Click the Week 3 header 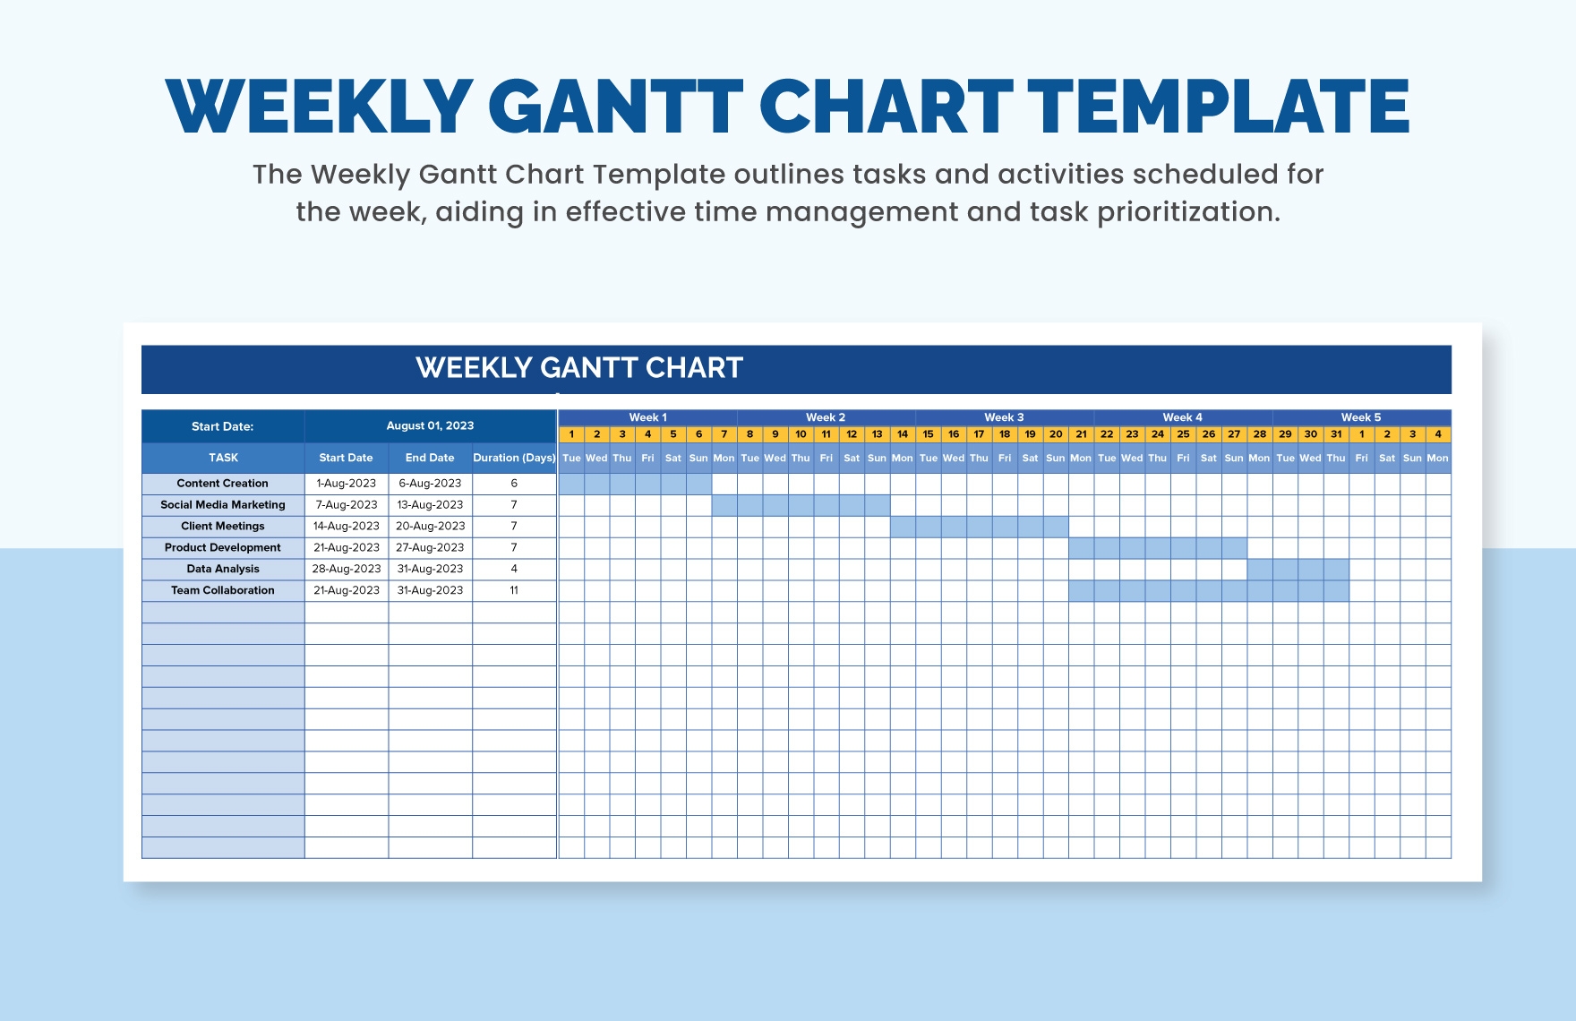point(1003,417)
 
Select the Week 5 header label point(1360,417)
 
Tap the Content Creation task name point(222,484)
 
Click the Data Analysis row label point(223,570)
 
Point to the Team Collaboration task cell point(223,591)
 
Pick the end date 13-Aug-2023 point(430,505)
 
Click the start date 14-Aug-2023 point(346,527)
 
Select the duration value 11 point(514,591)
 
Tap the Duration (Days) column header point(514,458)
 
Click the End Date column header point(430,458)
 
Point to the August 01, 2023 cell point(430,426)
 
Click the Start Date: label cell point(222,426)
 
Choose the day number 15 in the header point(928,434)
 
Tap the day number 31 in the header point(1335,434)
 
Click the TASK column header point(223,458)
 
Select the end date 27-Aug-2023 point(430,548)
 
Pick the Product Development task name point(223,548)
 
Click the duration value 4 point(514,570)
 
